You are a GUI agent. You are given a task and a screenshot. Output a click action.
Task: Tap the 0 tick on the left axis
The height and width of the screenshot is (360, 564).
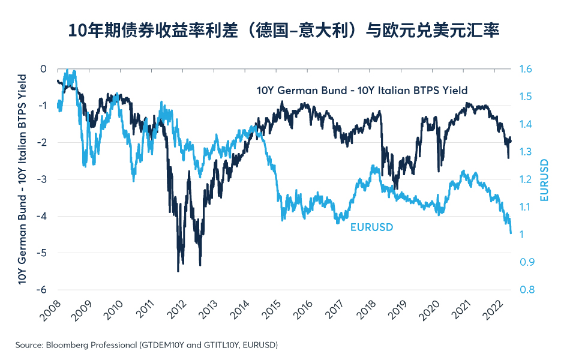[x=43, y=69]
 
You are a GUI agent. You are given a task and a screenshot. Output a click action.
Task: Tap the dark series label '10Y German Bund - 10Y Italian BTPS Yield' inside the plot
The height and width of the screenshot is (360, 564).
[x=362, y=91]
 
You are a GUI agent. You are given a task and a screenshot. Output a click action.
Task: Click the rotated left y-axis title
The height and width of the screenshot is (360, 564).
[x=23, y=179]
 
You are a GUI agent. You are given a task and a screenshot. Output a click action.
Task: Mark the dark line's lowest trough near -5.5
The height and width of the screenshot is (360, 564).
[x=178, y=271]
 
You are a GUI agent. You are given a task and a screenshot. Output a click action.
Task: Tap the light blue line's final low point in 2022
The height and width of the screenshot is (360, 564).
[x=511, y=233]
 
